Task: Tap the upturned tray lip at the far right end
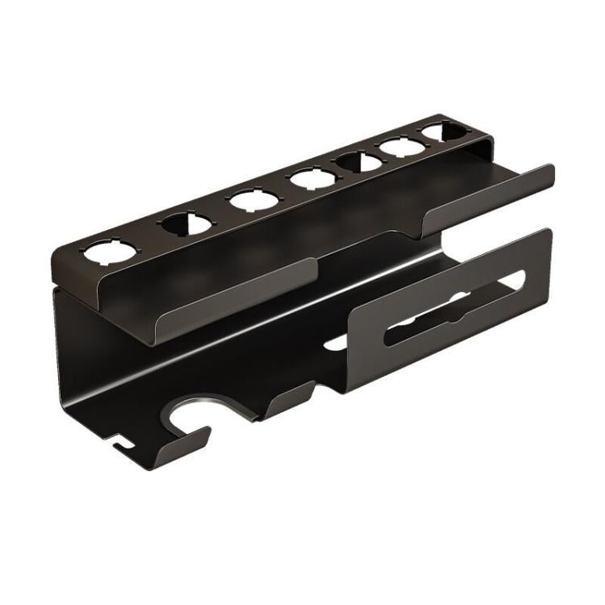[492, 194]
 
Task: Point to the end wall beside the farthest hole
[481, 148]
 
